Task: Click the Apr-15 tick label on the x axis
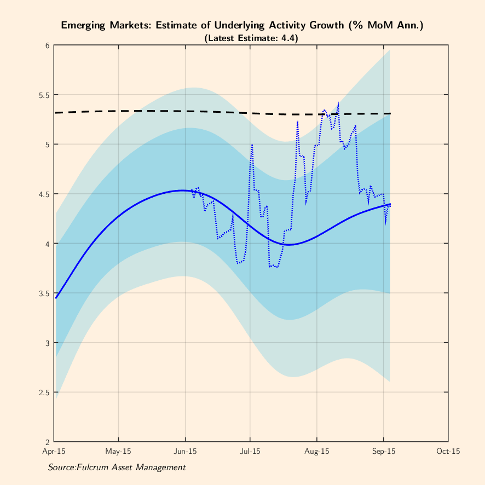tap(54, 452)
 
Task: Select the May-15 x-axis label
tap(119, 452)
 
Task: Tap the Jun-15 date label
tap(185, 452)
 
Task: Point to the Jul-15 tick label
tap(250, 452)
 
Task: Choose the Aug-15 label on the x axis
tap(316, 452)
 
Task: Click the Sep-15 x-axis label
tap(384, 452)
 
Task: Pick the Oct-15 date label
tap(448, 452)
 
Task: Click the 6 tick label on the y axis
tap(48, 45)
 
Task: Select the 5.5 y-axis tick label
tap(44, 95)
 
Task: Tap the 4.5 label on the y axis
tap(44, 194)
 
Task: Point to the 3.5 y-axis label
tap(44, 293)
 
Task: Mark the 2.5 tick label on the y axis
tap(44, 392)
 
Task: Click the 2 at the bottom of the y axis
tap(48, 442)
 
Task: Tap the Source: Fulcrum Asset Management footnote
tap(117, 467)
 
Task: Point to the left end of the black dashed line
tap(55, 113)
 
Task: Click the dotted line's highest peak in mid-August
tap(338, 103)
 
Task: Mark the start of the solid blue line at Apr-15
tap(55, 298)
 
